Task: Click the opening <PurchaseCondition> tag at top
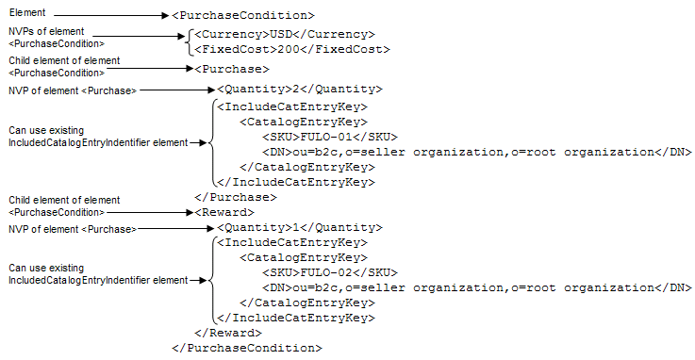243,15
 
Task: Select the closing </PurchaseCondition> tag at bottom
247,348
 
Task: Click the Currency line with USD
285,35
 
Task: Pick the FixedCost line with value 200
292,50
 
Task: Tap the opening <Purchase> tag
232,69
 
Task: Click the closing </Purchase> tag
236,197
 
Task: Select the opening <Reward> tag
224,213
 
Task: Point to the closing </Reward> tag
228,333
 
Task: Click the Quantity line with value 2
300,89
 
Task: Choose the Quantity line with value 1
300,228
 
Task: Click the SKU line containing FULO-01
330,138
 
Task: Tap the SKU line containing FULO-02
330,272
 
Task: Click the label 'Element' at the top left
27,12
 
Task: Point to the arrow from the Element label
111,16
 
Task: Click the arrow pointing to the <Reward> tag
150,213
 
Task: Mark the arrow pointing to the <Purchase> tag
150,69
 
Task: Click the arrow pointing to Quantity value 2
177,90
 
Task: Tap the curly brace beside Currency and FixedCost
190,42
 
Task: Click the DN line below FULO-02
477,287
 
